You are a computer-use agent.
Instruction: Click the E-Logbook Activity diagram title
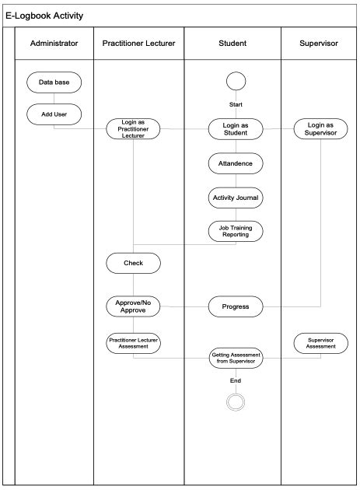click(x=44, y=16)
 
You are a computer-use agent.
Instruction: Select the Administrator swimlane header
click(x=54, y=44)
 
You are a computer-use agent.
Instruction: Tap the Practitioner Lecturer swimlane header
click(x=138, y=44)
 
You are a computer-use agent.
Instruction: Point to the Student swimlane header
click(x=232, y=44)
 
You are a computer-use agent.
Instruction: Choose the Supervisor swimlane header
click(x=319, y=44)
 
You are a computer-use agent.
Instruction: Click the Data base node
click(x=54, y=82)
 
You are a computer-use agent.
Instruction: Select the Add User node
click(x=54, y=114)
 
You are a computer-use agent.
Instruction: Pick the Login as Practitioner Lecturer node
click(x=134, y=129)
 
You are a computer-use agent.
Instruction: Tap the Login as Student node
click(x=236, y=129)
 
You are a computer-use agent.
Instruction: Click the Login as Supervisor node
click(x=320, y=129)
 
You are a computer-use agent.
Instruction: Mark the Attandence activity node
click(x=236, y=164)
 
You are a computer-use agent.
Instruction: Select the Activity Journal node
click(x=236, y=198)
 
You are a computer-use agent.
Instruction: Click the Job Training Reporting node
click(x=236, y=231)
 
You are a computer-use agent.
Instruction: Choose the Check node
click(x=134, y=264)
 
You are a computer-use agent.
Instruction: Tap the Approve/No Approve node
click(x=134, y=306)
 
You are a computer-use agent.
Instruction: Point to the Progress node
click(x=236, y=306)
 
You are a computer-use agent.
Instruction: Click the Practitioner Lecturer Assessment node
click(x=134, y=343)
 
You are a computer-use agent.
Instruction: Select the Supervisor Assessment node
click(x=320, y=343)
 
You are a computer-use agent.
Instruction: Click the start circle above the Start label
click(x=236, y=82)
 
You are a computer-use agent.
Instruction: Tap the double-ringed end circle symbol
click(x=236, y=402)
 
